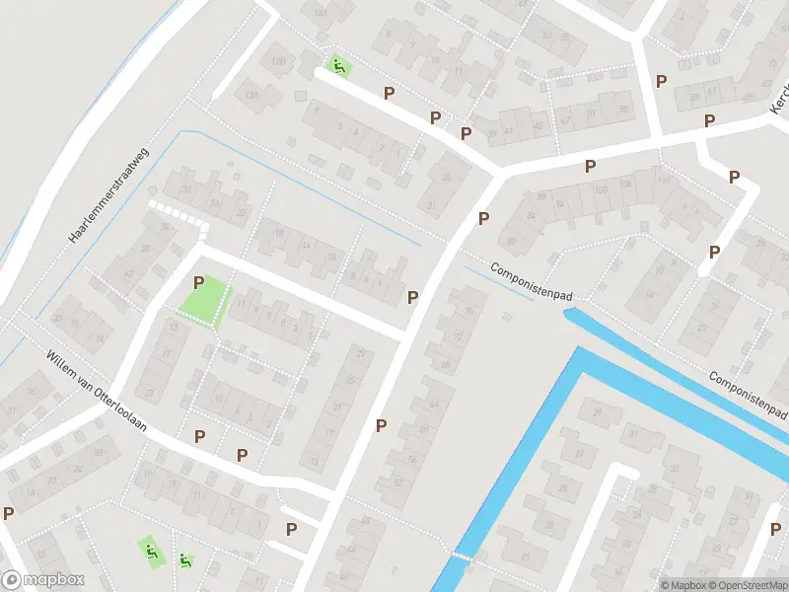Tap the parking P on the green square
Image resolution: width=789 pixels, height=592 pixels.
[199, 283]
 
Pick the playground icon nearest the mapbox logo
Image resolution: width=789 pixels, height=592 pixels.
[151, 550]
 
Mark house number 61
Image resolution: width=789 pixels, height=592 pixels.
[711, 93]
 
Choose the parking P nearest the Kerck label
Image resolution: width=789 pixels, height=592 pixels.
[709, 120]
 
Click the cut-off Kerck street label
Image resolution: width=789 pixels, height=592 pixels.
[779, 104]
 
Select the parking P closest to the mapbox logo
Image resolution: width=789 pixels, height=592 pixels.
[9, 513]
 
